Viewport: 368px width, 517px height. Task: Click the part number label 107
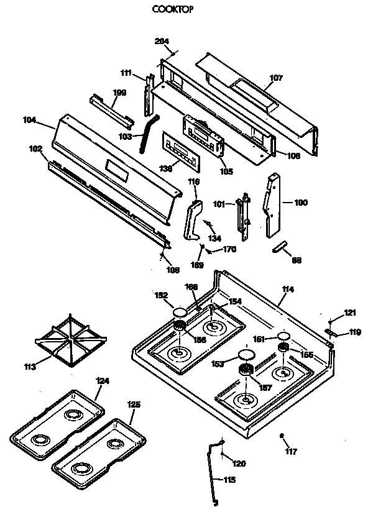pyautogui.click(x=276, y=78)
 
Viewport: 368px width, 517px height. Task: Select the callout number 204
pyautogui.click(x=162, y=42)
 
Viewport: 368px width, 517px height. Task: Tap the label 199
pyautogui.click(x=119, y=93)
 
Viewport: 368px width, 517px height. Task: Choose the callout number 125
pyautogui.click(x=134, y=405)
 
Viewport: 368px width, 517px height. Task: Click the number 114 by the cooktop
pyautogui.click(x=288, y=289)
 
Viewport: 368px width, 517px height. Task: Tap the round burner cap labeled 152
pyautogui.click(x=180, y=313)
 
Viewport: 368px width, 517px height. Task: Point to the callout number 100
pyautogui.click(x=300, y=203)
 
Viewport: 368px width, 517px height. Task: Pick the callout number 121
pyautogui.click(x=351, y=312)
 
